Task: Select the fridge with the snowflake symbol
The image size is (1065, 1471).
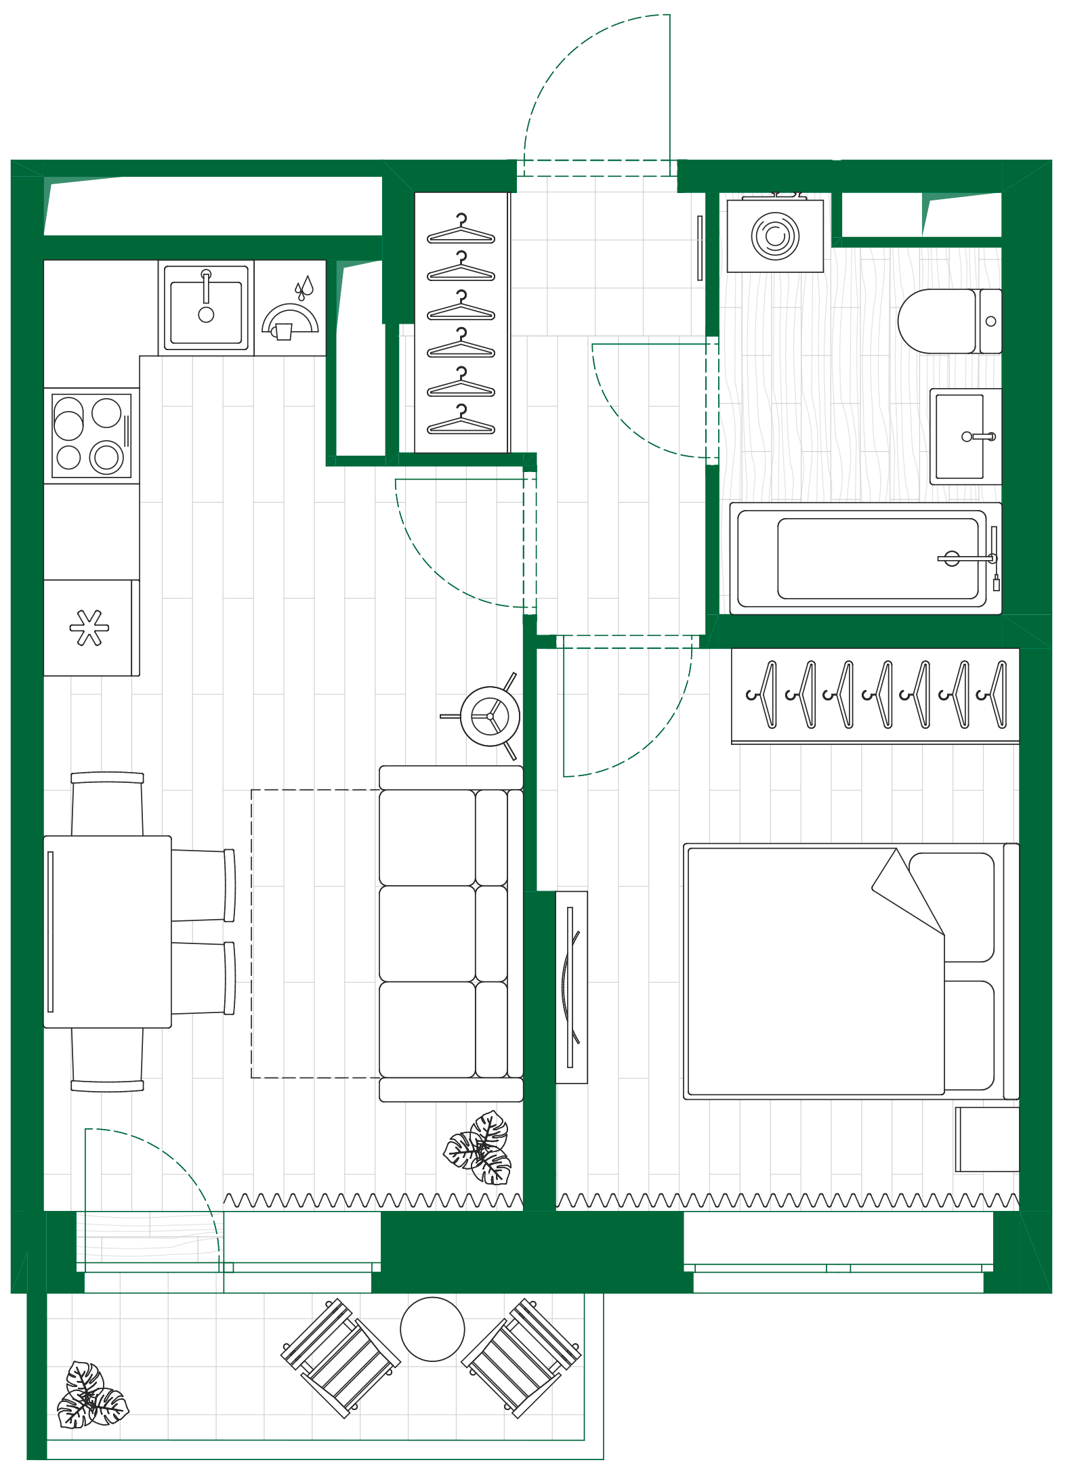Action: (x=90, y=627)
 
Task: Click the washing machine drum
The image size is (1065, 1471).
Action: (x=775, y=236)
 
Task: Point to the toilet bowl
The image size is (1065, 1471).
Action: (x=939, y=321)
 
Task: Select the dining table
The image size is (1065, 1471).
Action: (x=108, y=931)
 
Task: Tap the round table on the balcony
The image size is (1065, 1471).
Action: (x=432, y=1329)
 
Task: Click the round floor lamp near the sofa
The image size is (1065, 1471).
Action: (x=490, y=716)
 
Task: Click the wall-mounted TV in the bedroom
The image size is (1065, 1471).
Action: (x=571, y=986)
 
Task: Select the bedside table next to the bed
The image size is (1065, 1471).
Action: (x=987, y=1139)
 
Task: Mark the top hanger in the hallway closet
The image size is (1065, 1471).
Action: (x=461, y=230)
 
